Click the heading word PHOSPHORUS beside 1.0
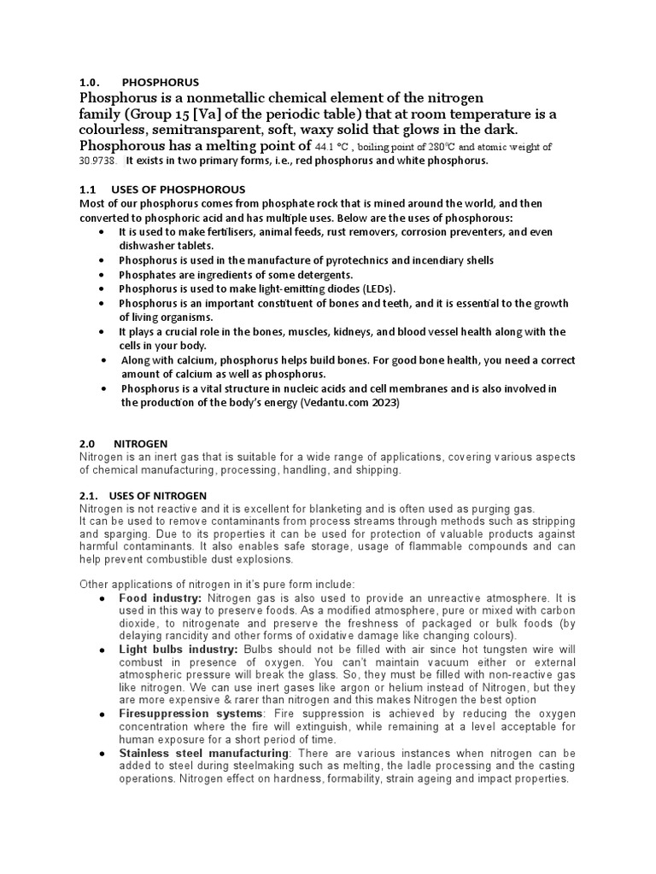point(160,83)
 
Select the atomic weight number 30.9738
point(98,160)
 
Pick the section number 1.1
point(88,189)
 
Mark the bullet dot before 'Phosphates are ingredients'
point(102,275)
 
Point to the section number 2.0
point(88,444)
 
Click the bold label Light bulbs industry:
point(179,650)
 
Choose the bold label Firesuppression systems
point(190,714)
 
